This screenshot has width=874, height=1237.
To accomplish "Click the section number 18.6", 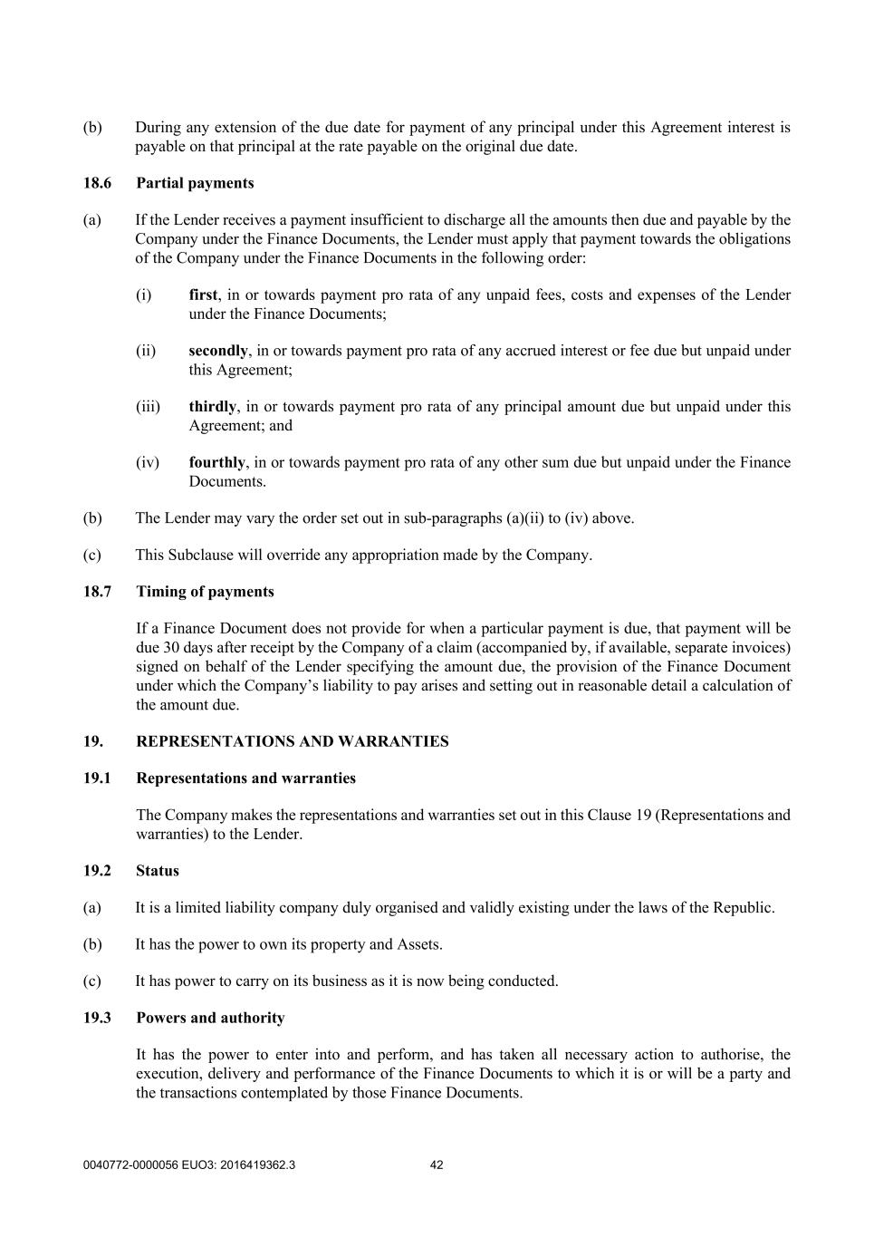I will [97, 183].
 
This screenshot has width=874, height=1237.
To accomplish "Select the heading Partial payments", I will [195, 183].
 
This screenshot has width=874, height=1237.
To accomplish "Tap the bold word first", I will [203, 295].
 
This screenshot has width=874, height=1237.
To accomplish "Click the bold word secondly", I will [217, 351].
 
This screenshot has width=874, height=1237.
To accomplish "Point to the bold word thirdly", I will [212, 406].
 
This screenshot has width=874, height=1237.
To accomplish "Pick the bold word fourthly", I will [216, 462].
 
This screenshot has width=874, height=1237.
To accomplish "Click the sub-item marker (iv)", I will [148, 462].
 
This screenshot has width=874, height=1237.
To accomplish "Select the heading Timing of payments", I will [205, 592].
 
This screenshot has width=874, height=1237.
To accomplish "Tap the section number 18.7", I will [97, 592].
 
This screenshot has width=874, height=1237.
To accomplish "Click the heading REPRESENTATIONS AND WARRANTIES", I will [292, 741].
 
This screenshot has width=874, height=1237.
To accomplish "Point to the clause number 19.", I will [92, 741].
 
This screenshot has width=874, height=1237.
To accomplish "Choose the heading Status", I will [158, 871].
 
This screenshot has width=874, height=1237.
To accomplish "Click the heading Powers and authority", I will [210, 1018].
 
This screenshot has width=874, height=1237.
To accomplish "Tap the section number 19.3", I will [97, 1018].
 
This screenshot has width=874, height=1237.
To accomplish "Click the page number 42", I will [437, 1165].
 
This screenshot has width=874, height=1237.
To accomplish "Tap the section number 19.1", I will [97, 778].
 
